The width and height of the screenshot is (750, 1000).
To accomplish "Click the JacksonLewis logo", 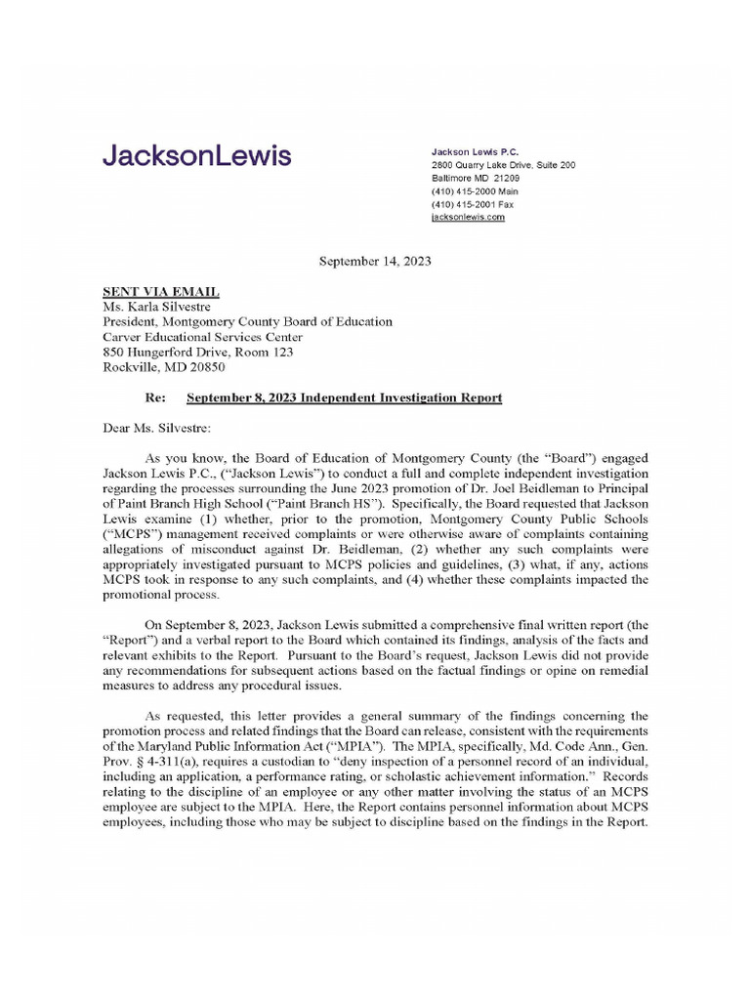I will pyautogui.click(x=196, y=156).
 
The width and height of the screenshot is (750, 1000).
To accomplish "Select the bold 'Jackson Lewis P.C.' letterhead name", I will pyautogui.click(x=475, y=152).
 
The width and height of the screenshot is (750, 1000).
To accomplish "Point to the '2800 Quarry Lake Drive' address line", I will pyautogui.click(x=503, y=166).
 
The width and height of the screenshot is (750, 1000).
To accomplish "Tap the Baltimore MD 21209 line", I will pyautogui.click(x=476, y=179).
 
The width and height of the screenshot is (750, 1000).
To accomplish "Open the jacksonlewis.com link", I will pyautogui.click(x=468, y=218).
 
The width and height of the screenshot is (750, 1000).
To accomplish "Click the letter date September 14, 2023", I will pyautogui.click(x=376, y=262).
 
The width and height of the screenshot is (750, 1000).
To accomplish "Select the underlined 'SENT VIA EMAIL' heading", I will pyautogui.click(x=161, y=291).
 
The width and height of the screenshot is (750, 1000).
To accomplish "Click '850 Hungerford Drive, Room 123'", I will pyautogui.click(x=197, y=353).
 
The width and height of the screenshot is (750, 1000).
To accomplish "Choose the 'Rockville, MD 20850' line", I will pyautogui.click(x=164, y=368).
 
